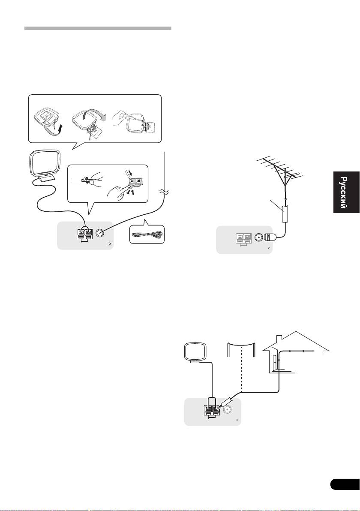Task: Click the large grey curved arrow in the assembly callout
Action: [x=101, y=113]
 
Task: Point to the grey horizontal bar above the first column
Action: [x=98, y=29]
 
